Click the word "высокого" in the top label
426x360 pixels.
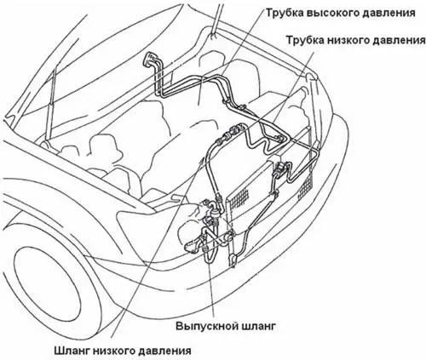click(x=333, y=14)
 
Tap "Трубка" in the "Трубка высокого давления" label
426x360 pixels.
click(x=285, y=13)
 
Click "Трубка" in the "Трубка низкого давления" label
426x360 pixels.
click(x=305, y=40)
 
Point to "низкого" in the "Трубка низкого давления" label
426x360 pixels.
click(x=348, y=40)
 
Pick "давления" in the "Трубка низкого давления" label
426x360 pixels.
click(x=399, y=40)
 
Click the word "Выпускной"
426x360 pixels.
click(x=207, y=326)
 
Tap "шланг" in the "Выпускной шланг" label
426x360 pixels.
click(x=259, y=326)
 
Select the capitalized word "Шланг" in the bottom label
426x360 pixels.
click(x=72, y=351)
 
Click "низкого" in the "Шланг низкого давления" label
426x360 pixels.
click(x=113, y=351)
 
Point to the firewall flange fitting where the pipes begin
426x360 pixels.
click(x=149, y=60)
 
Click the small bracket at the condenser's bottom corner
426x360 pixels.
click(x=233, y=260)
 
